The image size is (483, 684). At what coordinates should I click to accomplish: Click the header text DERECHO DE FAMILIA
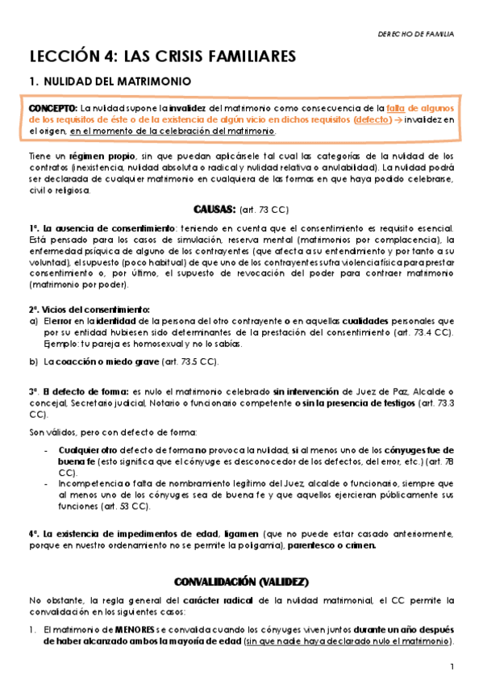[x=415, y=35]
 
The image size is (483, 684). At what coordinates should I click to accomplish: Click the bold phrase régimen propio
[x=95, y=156]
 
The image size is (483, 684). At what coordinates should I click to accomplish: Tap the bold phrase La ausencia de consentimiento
[x=101, y=228]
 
